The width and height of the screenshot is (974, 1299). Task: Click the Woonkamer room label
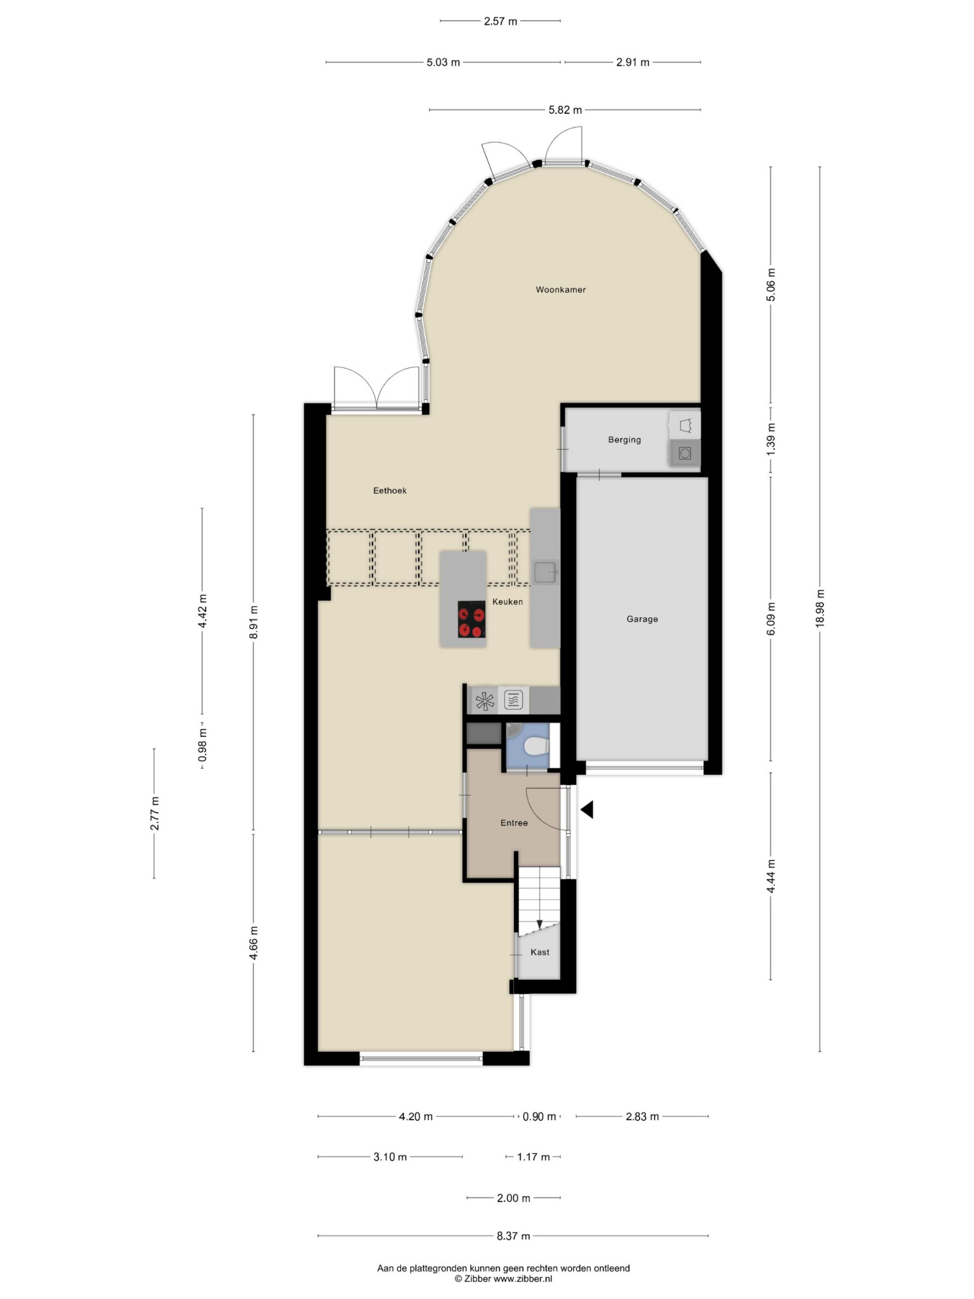[560, 290]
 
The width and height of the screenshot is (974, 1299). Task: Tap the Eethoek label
[390, 490]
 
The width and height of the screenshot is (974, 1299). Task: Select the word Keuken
[507, 601]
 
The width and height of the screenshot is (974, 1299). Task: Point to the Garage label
[642, 619]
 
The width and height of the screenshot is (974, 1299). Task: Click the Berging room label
[624, 440]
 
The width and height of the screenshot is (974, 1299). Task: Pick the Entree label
[514, 823]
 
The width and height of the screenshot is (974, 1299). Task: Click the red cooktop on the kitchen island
[471, 620]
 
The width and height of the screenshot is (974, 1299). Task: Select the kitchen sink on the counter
[545, 572]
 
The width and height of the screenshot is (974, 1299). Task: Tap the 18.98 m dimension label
[820, 609]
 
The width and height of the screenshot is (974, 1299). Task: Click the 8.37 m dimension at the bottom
[513, 1236]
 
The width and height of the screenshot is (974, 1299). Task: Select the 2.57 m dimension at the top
[500, 21]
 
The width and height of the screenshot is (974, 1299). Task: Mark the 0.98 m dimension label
[202, 746]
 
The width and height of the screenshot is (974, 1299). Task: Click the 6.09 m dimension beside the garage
[771, 619]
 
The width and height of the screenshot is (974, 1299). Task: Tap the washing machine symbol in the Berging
[684, 453]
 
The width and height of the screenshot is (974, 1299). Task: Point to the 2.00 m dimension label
[513, 1198]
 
